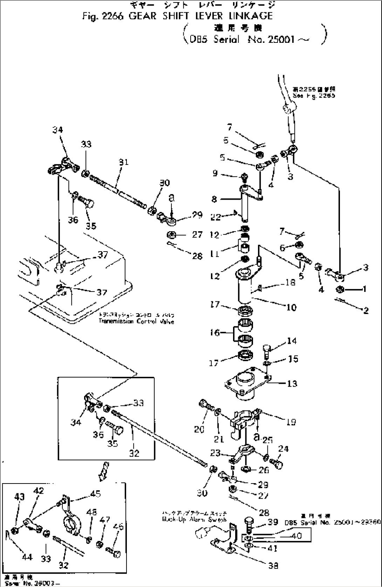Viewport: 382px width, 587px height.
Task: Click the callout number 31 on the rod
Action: coord(123,162)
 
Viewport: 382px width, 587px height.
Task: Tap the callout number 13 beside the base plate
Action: coord(292,383)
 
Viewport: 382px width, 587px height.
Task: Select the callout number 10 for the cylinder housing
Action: coord(291,308)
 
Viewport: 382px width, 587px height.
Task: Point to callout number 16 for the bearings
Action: coord(215,332)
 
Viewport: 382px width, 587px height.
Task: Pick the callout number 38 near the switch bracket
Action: coord(273,565)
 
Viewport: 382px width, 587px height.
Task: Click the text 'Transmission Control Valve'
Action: coord(136,321)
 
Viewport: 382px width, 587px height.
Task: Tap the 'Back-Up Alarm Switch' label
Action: coord(194,520)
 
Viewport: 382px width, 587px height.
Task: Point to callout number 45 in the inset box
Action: coord(95,494)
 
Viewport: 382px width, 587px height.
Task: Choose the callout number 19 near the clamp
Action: coord(291,422)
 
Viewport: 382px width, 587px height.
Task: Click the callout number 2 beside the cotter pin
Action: coord(366,311)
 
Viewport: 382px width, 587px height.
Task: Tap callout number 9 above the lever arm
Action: coord(215,173)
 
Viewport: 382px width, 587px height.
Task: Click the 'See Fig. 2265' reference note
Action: coord(314,95)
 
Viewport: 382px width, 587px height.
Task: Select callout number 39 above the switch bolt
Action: coord(273,522)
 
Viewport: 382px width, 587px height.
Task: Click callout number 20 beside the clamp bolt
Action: coord(199,429)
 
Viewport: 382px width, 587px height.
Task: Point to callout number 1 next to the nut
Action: coord(364,289)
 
